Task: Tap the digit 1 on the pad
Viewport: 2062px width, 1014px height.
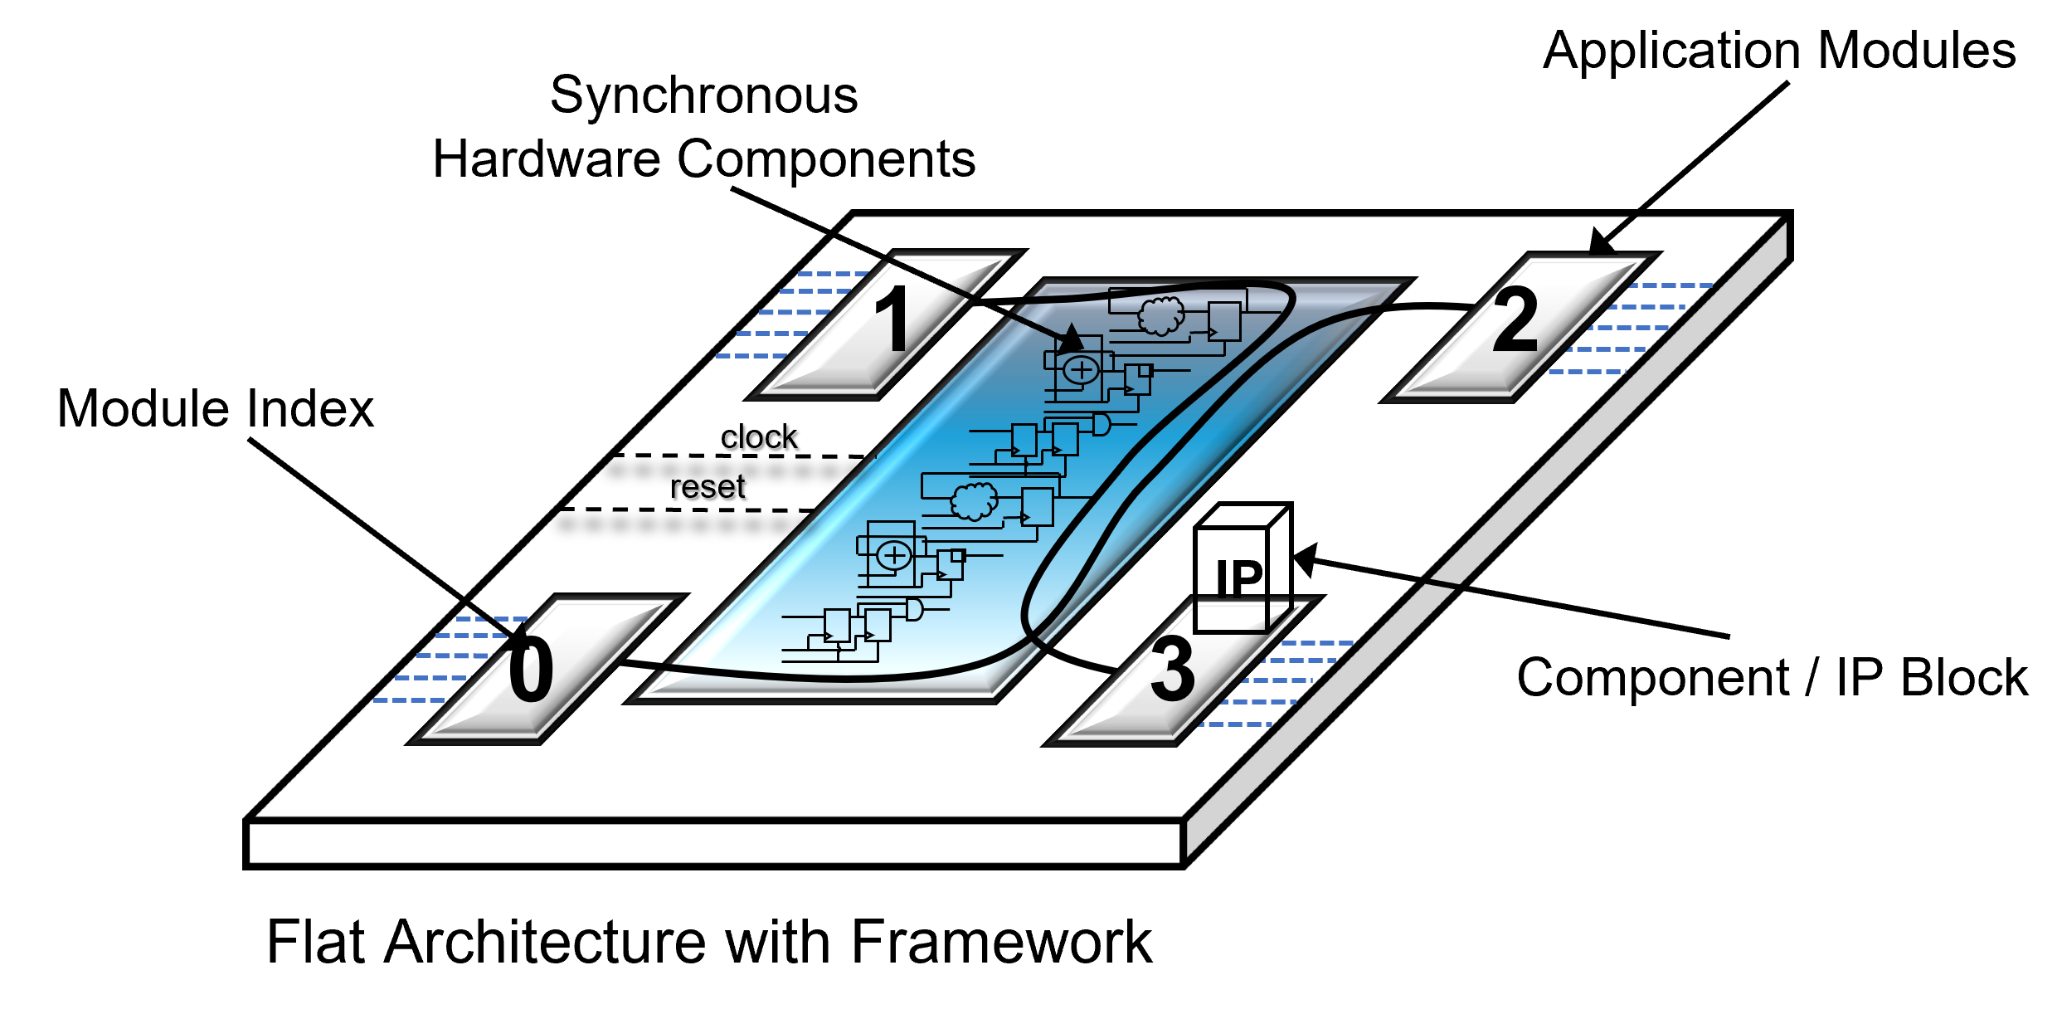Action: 893,319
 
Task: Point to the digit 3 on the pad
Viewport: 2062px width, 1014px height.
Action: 1172,669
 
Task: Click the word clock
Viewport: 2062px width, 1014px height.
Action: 759,437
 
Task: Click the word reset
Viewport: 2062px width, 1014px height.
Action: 708,487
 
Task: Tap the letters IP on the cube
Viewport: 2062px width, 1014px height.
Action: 1239,578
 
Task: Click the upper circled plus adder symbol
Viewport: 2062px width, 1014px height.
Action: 1082,370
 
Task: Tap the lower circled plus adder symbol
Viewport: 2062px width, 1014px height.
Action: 894,555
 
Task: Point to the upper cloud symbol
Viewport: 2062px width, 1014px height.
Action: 1161,314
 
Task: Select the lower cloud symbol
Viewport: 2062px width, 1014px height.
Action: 974,500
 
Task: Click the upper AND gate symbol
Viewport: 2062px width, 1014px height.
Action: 1102,424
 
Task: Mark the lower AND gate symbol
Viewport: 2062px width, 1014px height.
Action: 914,610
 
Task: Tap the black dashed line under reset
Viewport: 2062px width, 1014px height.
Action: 688,509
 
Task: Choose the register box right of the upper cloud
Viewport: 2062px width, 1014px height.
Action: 1224,321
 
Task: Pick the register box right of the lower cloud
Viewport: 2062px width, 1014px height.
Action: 1037,507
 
